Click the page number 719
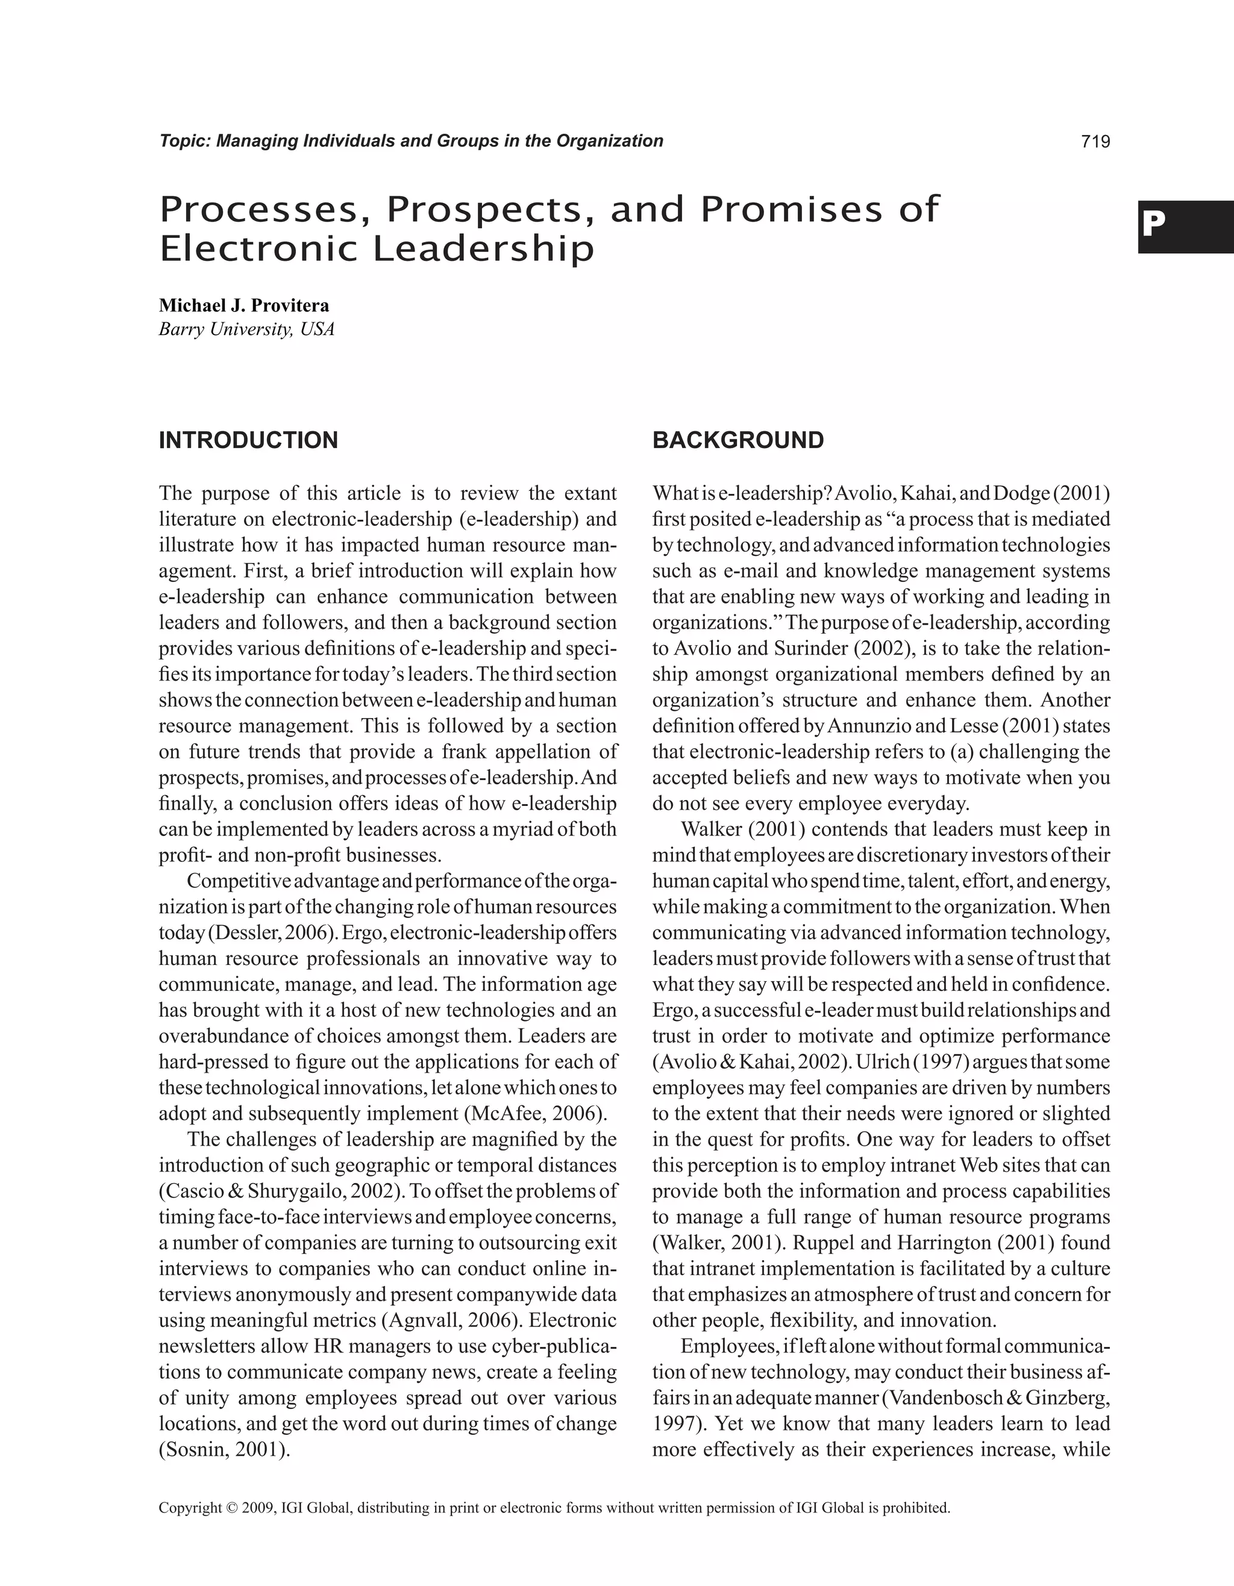pos(1095,142)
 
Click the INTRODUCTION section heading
pos(248,440)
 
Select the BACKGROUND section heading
pos(738,440)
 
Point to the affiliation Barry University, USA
pos(247,329)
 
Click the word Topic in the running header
pos(184,141)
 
